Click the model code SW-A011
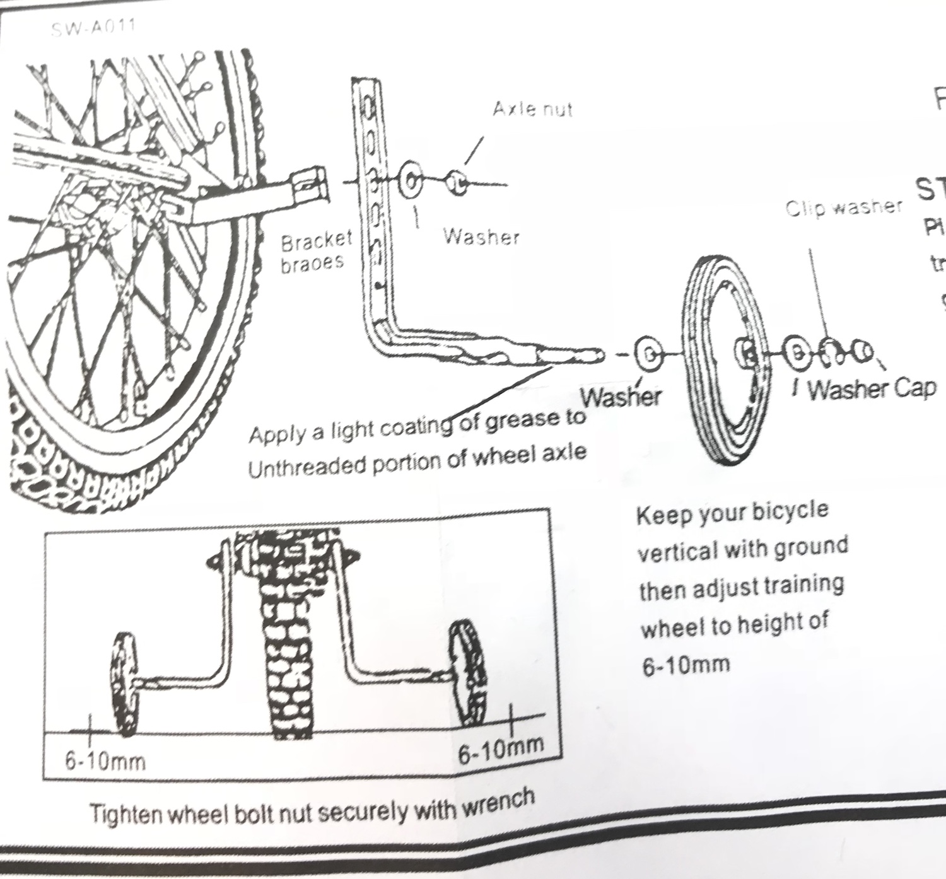tap(94, 28)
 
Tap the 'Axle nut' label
tap(532, 110)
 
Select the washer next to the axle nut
tap(412, 182)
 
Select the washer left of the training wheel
tap(647, 355)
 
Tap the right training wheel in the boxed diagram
tap(470, 672)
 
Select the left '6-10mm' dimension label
tap(105, 761)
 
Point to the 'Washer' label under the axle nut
tap(481, 236)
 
